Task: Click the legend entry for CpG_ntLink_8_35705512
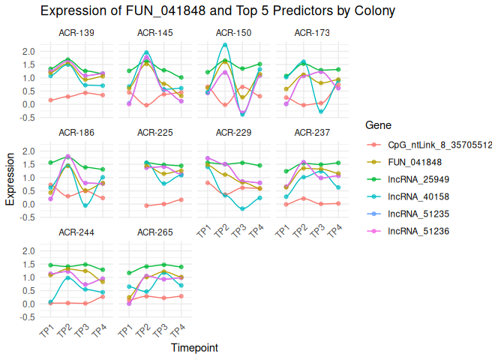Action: click(x=439, y=145)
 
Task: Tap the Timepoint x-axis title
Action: click(x=194, y=348)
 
